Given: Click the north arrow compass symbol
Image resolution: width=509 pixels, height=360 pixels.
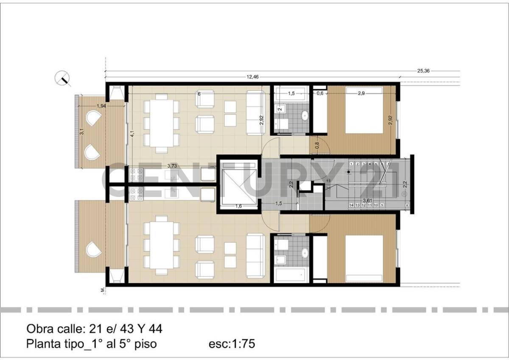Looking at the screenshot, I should (x=63, y=79).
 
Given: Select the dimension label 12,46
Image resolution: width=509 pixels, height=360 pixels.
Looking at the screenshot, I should (x=252, y=77).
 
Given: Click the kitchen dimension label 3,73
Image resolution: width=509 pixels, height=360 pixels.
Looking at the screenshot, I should (x=172, y=166).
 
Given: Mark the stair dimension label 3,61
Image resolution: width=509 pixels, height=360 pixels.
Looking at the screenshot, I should (x=367, y=200).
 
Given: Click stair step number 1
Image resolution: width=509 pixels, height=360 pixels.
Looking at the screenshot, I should (x=351, y=164).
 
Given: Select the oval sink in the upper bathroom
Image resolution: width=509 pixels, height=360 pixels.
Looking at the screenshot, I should (x=305, y=115).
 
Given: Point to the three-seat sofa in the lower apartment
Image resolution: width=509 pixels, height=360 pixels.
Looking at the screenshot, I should (x=256, y=253).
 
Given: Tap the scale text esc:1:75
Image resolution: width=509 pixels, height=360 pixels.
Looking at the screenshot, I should (x=232, y=343).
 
